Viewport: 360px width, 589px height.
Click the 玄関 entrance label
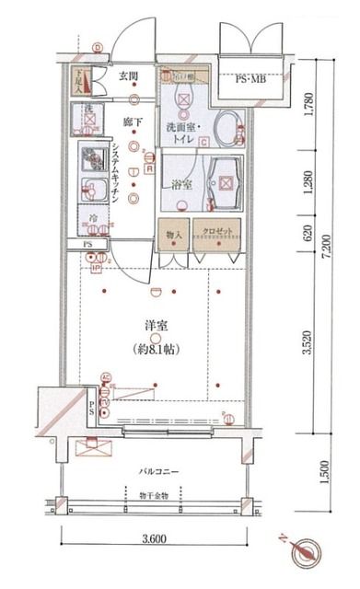pyautogui.click(x=127, y=76)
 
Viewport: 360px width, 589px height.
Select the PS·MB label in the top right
pyautogui.click(x=251, y=80)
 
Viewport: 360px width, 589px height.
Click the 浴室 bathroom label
pyautogui.click(x=181, y=183)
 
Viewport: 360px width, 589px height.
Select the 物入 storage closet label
pyautogui.click(x=173, y=234)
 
